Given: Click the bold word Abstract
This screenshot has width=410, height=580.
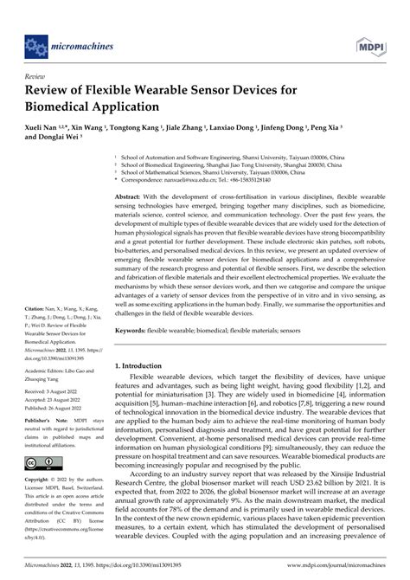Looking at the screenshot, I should click(x=131, y=197).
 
